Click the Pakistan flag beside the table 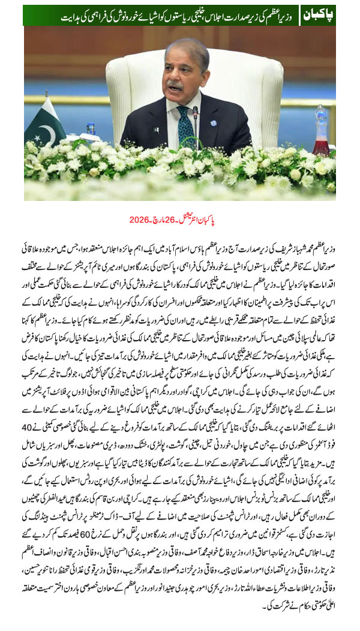[x=44, y=123]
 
